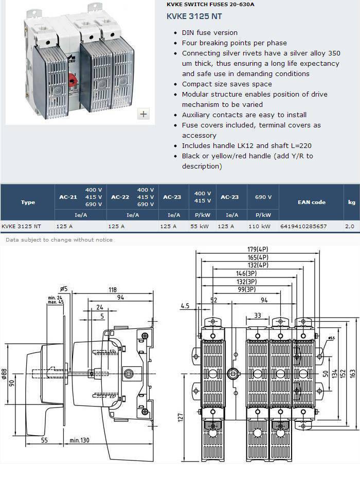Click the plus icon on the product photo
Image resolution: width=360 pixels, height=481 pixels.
click(143, 114)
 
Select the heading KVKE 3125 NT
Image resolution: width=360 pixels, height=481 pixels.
click(194, 16)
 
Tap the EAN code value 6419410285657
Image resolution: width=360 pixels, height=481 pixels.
click(303, 227)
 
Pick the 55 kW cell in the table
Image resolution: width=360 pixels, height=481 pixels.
click(199, 227)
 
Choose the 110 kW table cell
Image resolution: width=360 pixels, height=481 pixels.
click(259, 227)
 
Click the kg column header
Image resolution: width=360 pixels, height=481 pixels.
click(351, 202)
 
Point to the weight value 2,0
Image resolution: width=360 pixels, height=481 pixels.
click(350, 227)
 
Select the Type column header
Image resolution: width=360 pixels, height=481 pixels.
click(28, 202)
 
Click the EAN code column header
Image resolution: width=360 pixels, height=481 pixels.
click(312, 202)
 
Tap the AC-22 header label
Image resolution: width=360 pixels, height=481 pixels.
click(120, 197)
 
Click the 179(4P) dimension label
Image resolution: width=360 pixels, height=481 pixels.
click(258, 249)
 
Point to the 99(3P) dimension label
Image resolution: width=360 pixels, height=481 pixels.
click(247, 289)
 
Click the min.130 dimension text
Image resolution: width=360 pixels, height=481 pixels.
click(80, 440)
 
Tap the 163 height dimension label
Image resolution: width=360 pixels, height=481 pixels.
click(353, 373)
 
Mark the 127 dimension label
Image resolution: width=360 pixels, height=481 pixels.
click(180, 417)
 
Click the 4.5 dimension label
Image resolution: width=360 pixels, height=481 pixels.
click(185, 306)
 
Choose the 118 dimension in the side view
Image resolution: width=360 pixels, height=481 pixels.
click(113, 290)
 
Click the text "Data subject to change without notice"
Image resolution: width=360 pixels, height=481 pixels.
click(59, 239)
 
